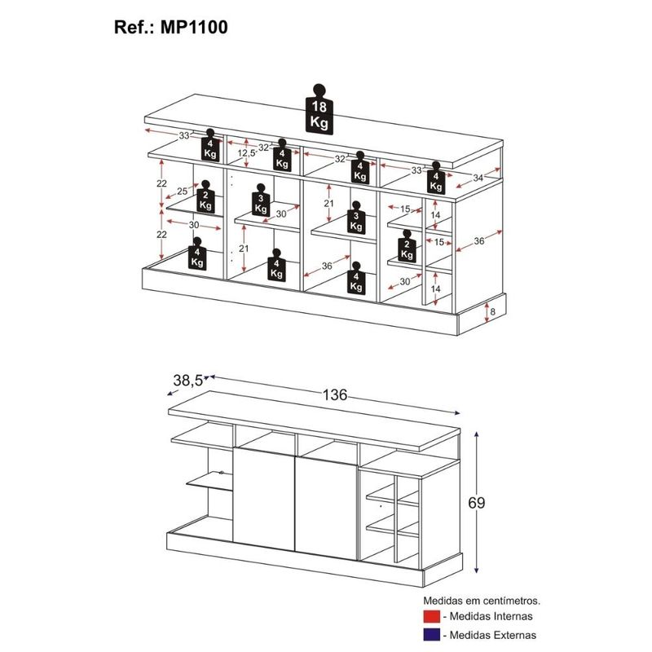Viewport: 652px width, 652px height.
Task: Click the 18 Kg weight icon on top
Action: (319, 110)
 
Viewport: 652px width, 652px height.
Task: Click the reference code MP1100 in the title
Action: (194, 28)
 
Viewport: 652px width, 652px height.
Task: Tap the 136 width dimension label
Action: (335, 394)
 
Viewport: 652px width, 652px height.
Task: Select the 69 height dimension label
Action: (477, 503)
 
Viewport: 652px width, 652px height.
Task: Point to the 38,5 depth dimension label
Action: (187, 380)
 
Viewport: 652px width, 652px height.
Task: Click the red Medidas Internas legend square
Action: (432, 616)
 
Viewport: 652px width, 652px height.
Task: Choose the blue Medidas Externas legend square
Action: (432, 635)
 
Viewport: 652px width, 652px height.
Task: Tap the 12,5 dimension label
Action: (247, 153)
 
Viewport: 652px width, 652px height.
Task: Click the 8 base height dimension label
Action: (493, 311)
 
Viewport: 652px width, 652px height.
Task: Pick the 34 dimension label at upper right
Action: (478, 178)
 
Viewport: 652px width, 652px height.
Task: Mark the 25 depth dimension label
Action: (182, 192)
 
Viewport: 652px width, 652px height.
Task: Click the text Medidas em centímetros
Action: (482, 601)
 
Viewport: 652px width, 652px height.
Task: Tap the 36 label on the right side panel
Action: (479, 240)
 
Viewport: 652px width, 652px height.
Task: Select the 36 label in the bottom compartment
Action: (327, 267)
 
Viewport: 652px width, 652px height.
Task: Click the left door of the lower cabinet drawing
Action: (264, 500)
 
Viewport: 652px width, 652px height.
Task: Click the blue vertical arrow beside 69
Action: (477, 503)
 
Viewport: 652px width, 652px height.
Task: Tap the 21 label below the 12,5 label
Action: (244, 249)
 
